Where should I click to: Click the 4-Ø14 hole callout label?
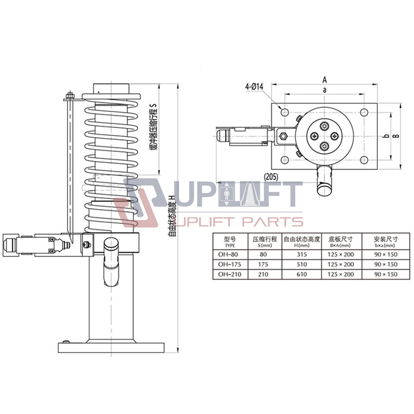pos(254,87)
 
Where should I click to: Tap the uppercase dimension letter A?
pos(324,79)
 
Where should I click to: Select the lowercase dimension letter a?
pos(324,90)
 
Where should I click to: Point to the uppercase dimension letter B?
pos(396,136)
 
